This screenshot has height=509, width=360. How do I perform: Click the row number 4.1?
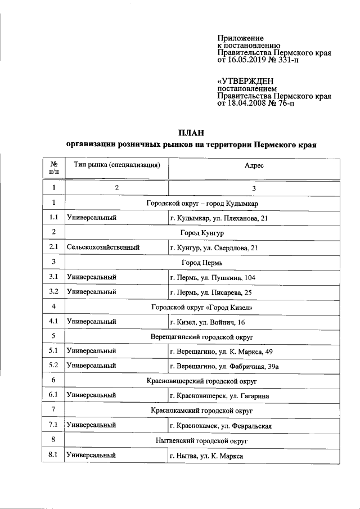pyautogui.click(x=54, y=322)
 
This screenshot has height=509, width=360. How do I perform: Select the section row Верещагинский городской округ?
pyautogui.click(x=202, y=336)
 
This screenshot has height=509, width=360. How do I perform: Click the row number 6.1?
pyautogui.click(x=54, y=395)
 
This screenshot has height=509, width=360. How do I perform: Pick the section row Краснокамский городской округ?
pyautogui.click(x=202, y=411)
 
